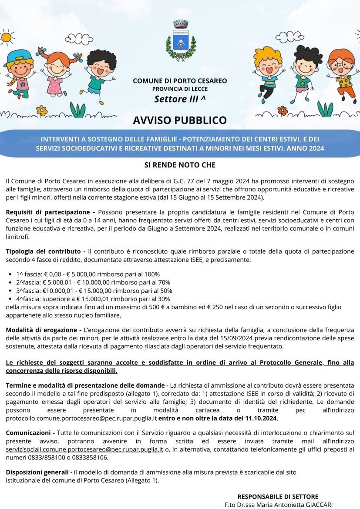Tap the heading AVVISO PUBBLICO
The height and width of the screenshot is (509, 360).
(x=180, y=120)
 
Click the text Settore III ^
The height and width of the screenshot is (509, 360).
(x=180, y=99)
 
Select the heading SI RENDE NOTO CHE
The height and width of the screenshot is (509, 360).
(x=180, y=165)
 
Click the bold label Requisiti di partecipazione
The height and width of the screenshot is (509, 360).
(x=47, y=212)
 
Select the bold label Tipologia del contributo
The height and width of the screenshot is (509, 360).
(x=45, y=251)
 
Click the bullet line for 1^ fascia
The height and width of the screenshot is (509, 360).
(x=87, y=274)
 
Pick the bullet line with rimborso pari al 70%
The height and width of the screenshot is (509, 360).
(x=93, y=282)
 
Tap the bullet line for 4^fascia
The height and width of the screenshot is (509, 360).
(x=93, y=299)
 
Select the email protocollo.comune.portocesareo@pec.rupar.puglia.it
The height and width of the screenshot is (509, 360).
(x=81, y=419)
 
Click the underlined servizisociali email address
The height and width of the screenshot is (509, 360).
(x=84, y=449)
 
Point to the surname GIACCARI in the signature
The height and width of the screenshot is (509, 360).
(x=317, y=505)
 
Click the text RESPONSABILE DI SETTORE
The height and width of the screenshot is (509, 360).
(x=278, y=496)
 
